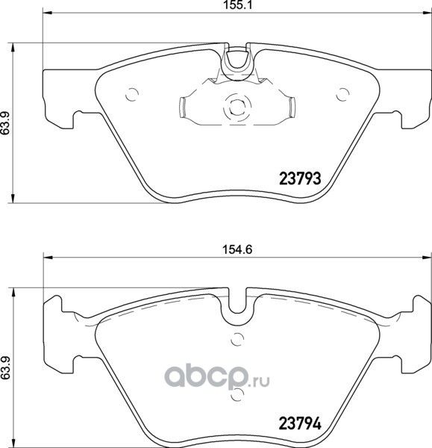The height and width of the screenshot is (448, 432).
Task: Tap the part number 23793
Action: click(x=298, y=178)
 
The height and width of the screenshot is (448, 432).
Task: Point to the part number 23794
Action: click(x=299, y=423)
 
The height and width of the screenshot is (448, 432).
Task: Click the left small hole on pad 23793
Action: click(x=133, y=94)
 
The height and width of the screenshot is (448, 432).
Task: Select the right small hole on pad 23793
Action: click(x=343, y=94)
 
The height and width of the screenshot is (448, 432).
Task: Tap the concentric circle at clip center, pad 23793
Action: click(x=238, y=106)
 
